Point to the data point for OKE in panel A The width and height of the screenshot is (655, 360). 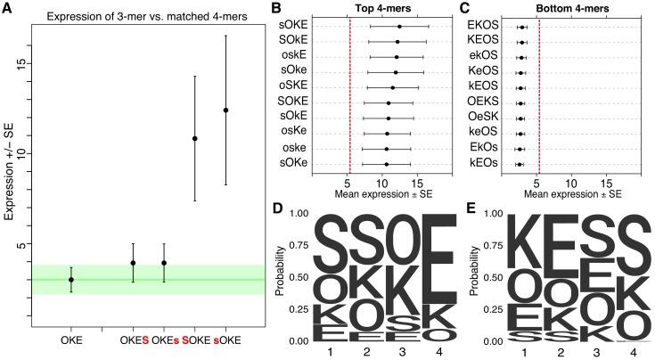coord(71,280)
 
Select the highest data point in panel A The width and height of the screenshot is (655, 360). coord(225,110)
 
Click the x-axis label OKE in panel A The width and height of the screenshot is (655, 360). coord(71,340)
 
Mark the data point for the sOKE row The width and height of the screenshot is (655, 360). coord(399,27)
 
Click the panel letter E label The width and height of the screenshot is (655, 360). coord(471,208)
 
